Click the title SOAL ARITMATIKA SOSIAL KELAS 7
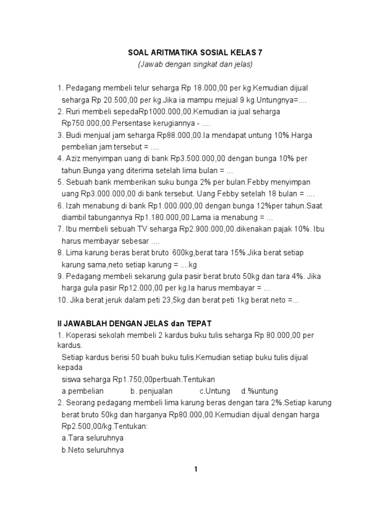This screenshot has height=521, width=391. pyautogui.click(x=195, y=52)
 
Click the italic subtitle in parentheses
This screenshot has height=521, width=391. pyautogui.click(x=195, y=65)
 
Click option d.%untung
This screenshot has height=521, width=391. pyautogui.click(x=260, y=391)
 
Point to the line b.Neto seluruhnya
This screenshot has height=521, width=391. pyautogui.click(x=93, y=450)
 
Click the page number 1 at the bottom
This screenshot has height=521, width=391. pyautogui.click(x=195, y=470)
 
